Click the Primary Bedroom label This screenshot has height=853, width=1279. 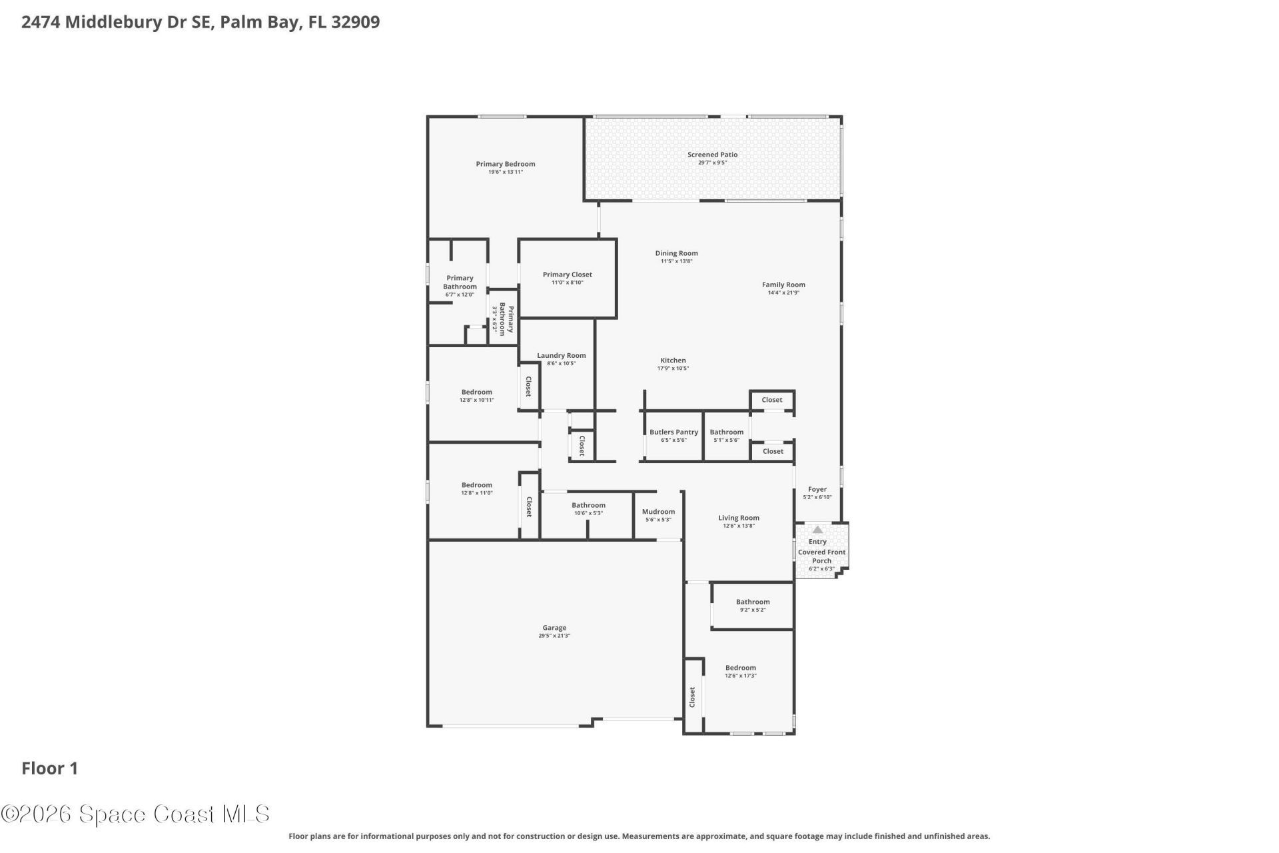(x=505, y=164)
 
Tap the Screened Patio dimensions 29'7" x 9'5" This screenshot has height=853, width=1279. (x=712, y=163)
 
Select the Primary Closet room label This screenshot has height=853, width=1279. (x=567, y=275)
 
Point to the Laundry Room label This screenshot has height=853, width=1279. (x=561, y=356)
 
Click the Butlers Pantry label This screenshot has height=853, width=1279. (x=673, y=432)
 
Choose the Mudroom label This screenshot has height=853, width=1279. (x=658, y=512)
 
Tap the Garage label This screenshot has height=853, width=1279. (x=554, y=628)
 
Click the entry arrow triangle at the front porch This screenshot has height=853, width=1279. (x=817, y=530)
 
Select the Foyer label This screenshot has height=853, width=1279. (x=817, y=489)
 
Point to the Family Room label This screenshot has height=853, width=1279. (x=783, y=285)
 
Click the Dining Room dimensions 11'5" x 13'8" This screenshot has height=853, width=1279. (x=676, y=261)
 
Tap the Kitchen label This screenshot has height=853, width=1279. (x=673, y=361)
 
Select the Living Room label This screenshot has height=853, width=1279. (x=738, y=518)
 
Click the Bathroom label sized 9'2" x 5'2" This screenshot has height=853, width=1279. (x=752, y=602)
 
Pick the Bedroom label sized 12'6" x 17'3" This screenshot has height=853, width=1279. (x=740, y=668)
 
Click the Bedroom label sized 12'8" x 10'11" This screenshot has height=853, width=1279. (x=476, y=393)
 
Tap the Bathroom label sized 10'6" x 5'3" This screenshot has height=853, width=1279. (x=588, y=505)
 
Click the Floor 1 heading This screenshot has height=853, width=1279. (x=50, y=768)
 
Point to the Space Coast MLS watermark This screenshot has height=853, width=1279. (x=135, y=814)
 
